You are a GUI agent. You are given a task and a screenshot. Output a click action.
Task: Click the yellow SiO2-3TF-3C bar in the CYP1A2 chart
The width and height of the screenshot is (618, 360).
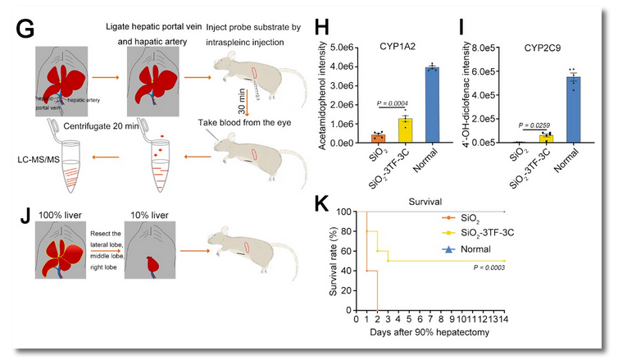coord(383,130)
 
